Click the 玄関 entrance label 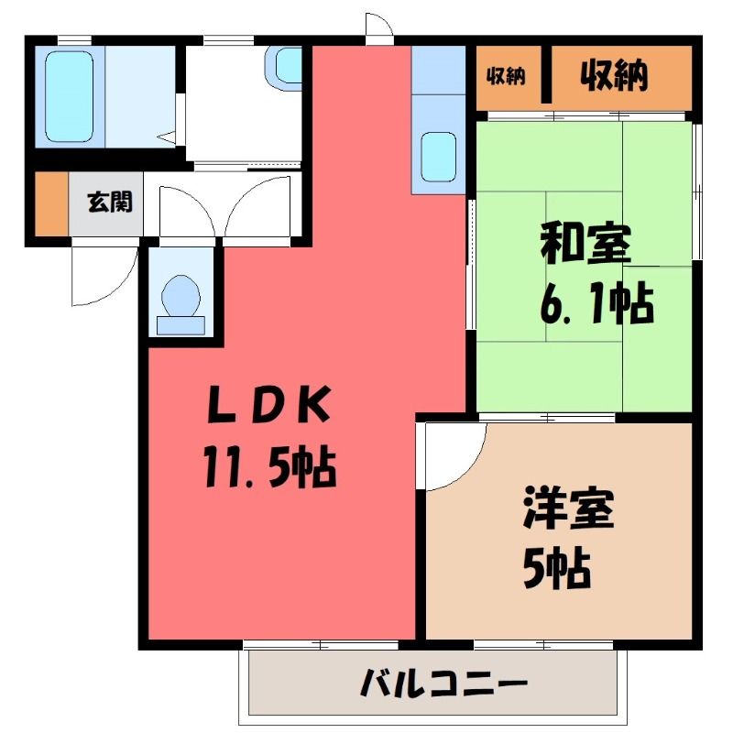tap(110, 202)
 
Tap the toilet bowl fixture tap(181, 295)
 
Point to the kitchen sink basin tap(438, 157)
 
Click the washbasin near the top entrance tap(287, 65)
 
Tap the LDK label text tap(268, 405)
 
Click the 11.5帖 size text tap(268, 466)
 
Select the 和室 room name tap(586, 245)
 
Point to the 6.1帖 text tap(597, 302)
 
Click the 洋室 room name tap(568, 509)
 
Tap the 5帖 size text tap(557, 567)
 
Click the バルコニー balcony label tap(443, 683)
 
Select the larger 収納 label tap(614, 75)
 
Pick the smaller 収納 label tap(506, 76)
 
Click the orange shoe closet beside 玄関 tap(52, 203)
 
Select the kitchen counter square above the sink tap(439, 71)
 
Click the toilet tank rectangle tap(181, 326)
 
